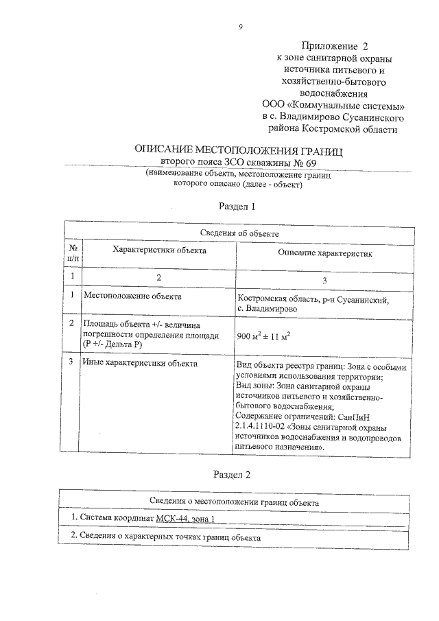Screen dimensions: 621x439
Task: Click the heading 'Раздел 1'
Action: (237, 205)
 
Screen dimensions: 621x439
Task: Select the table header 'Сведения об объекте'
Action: (239, 233)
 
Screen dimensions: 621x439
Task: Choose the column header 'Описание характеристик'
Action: (324, 253)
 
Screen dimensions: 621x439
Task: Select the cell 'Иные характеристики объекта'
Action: (140, 363)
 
